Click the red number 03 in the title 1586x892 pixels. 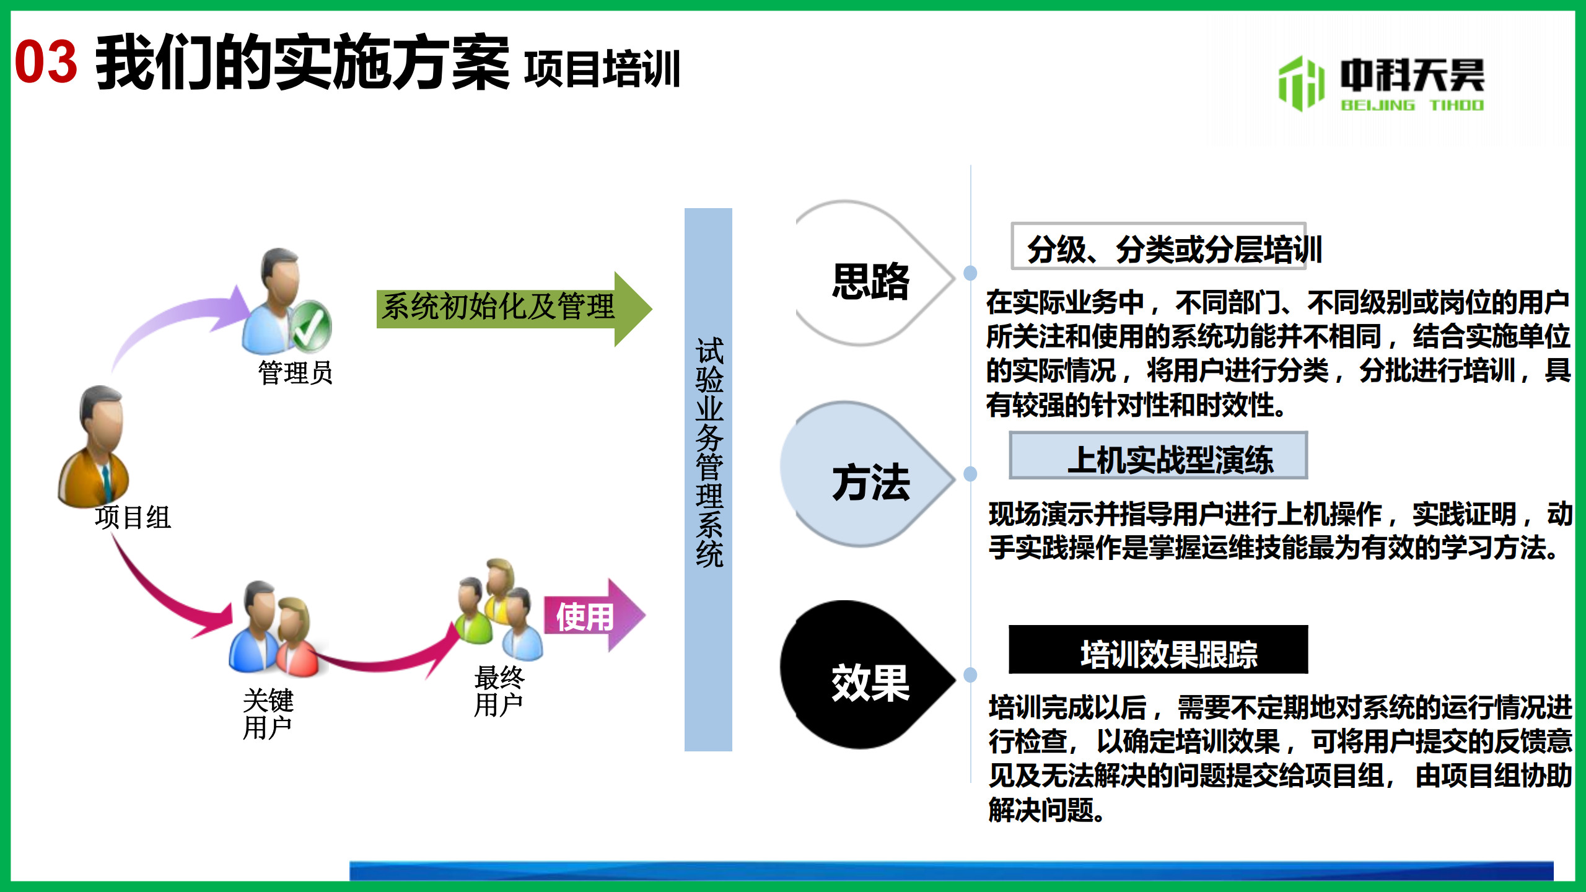pos(46,62)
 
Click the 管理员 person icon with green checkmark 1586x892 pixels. pos(286,301)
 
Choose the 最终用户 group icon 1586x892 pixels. pos(499,610)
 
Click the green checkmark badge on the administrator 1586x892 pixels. pos(312,326)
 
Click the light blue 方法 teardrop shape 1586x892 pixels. pos(867,474)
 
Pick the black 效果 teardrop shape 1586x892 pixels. pos(867,675)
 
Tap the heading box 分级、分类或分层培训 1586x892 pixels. pos(1159,246)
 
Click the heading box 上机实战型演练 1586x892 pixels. pos(1159,455)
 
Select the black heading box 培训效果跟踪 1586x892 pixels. pos(1159,649)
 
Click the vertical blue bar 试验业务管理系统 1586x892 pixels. pos(708,479)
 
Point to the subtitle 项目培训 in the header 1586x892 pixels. pos(602,68)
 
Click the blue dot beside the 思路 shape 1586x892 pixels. pos(971,273)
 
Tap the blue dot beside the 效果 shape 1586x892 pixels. pos(971,675)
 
